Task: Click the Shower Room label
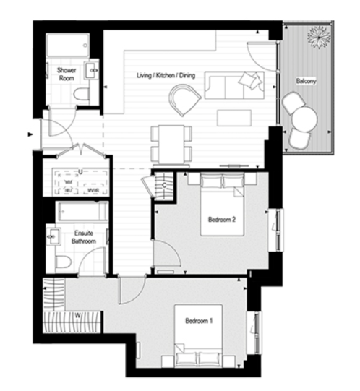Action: (x=67, y=74)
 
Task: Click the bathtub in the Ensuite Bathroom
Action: (x=82, y=213)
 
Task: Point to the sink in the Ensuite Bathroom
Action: (x=52, y=237)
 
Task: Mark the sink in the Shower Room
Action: (x=92, y=70)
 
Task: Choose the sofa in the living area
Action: (x=233, y=85)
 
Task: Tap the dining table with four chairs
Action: (x=171, y=143)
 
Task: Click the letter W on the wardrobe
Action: (x=77, y=315)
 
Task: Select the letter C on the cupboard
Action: (x=166, y=186)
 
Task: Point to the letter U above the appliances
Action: (x=80, y=172)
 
